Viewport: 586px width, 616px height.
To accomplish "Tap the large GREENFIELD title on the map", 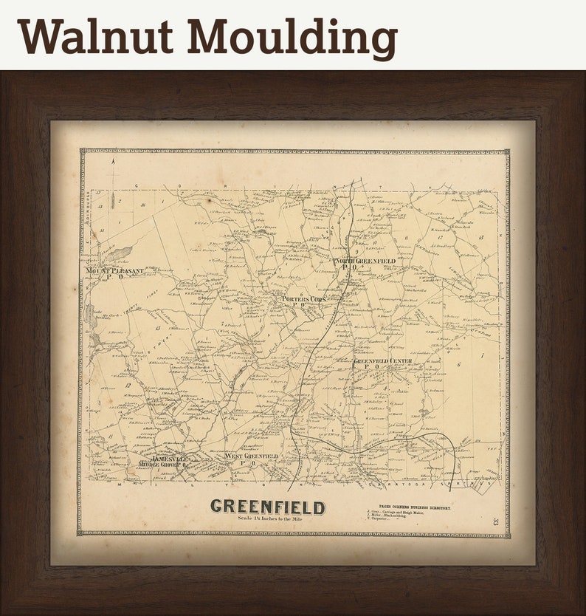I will coord(267,507).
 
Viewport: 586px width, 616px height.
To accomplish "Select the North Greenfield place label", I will coord(365,262).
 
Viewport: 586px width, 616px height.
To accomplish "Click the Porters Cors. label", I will coord(303,299).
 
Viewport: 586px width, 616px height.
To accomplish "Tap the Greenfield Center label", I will coord(382,361).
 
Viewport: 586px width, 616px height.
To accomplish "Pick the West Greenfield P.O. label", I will coord(251,458).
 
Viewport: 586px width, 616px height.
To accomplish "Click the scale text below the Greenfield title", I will coord(267,519).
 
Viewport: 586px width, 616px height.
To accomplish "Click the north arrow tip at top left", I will coord(114,160).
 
